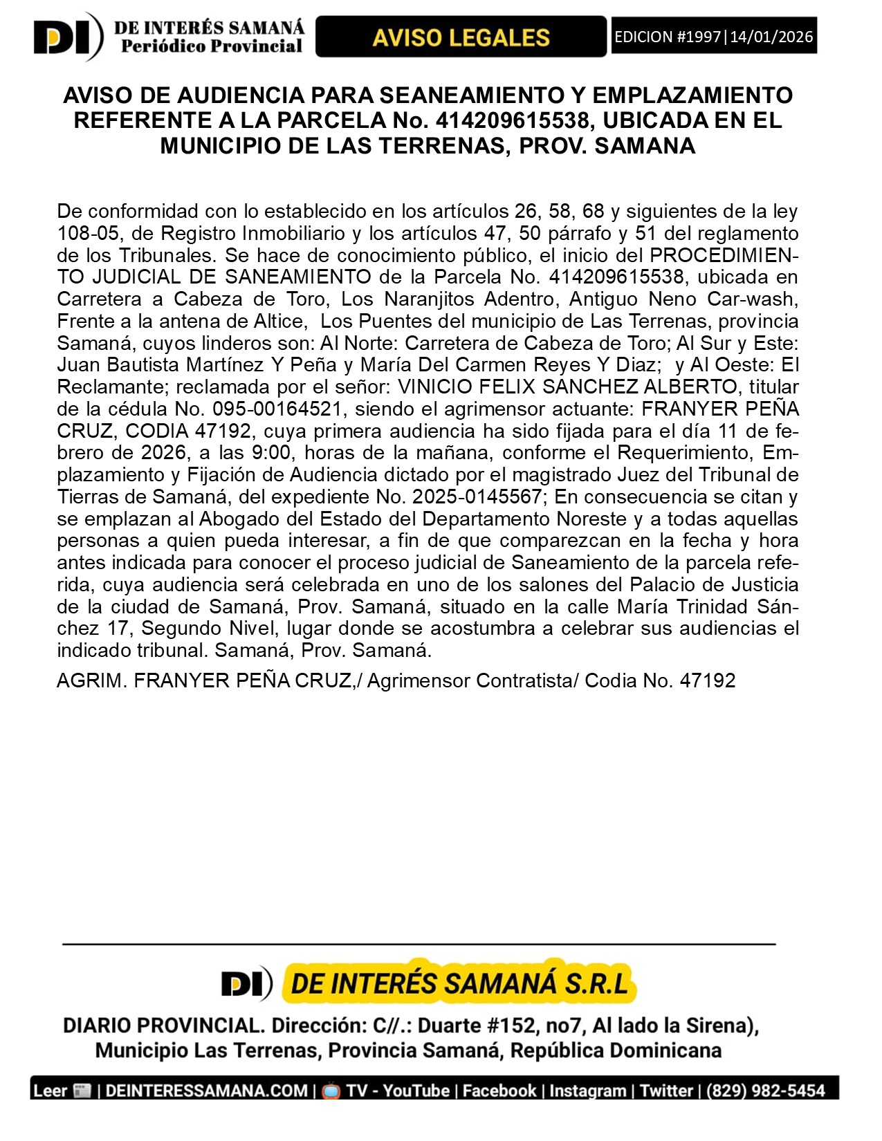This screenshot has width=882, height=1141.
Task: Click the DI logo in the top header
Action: click(x=67, y=37)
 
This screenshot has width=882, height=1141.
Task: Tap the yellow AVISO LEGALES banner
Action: click(x=461, y=37)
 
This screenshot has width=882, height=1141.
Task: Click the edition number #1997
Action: click(x=699, y=37)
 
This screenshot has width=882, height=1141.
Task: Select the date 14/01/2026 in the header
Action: click(x=771, y=37)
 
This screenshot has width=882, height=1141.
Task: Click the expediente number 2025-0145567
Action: click(x=477, y=497)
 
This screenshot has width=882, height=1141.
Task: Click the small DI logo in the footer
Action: click(x=246, y=983)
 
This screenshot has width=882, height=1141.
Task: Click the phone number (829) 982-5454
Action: click(x=766, y=1091)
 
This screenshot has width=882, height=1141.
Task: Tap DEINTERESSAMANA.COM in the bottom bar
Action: click(x=207, y=1091)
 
